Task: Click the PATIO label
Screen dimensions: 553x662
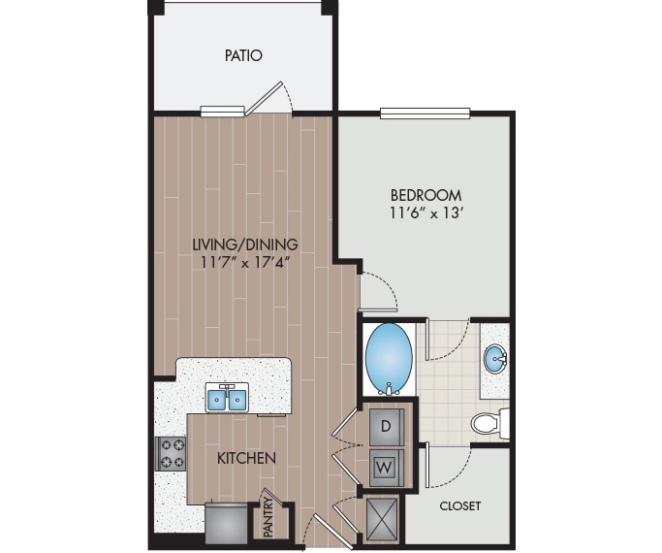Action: click(x=243, y=55)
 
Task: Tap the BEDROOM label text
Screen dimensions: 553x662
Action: click(x=426, y=194)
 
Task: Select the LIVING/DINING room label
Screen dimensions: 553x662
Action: click(x=244, y=244)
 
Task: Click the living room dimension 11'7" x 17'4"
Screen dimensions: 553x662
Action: click(x=244, y=262)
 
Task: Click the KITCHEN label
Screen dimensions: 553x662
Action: click(x=246, y=457)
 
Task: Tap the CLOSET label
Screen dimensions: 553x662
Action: click(x=459, y=505)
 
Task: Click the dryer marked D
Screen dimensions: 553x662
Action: click(x=386, y=425)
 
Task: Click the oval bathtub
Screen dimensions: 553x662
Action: click(x=388, y=356)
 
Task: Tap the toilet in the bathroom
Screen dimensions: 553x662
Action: click(x=488, y=423)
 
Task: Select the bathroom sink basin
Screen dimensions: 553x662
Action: click(x=496, y=360)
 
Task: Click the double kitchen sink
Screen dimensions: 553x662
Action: click(x=228, y=397)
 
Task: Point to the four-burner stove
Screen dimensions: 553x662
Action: click(x=173, y=453)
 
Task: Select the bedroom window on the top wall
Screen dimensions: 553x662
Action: click(x=425, y=113)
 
